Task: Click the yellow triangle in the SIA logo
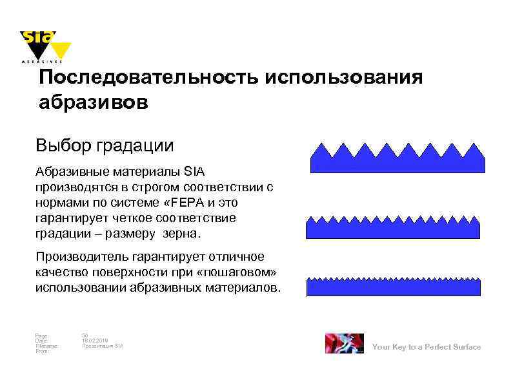click(x=61, y=50)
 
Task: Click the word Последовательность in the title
click(x=148, y=78)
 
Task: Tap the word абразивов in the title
click(x=93, y=102)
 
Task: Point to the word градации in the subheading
click(x=135, y=146)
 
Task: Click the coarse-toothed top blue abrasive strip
click(x=397, y=161)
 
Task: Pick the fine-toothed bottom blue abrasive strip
click(x=394, y=288)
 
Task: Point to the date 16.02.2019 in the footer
click(x=94, y=341)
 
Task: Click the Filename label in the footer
click(x=47, y=346)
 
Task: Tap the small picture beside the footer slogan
click(x=343, y=344)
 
